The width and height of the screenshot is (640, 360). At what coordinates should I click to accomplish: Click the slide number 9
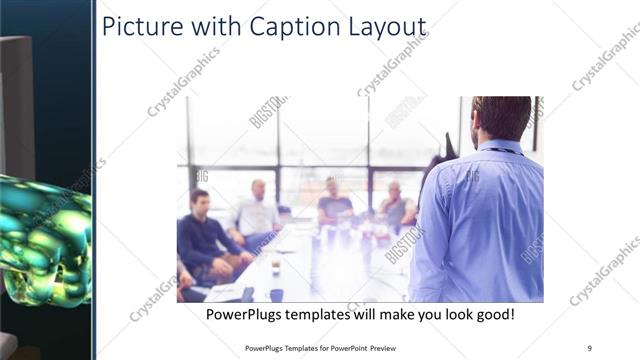[x=590, y=347]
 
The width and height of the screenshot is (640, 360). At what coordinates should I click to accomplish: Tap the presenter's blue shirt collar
[x=500, y=147]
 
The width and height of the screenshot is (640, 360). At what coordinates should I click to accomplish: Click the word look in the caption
[x=441, y=314]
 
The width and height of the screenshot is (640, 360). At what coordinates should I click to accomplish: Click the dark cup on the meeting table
[x=276, y=294]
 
